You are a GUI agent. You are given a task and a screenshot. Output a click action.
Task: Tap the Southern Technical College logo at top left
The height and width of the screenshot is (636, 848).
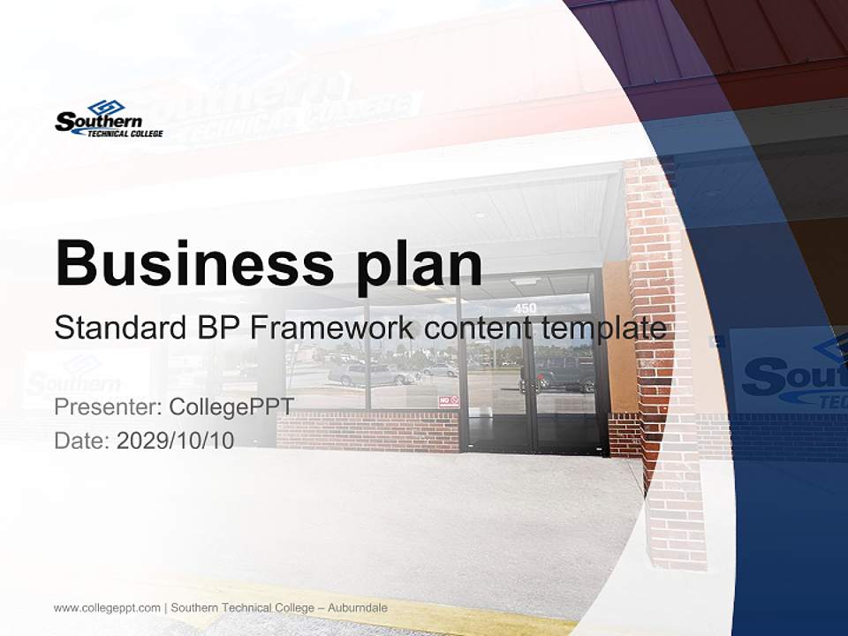pos(109,119)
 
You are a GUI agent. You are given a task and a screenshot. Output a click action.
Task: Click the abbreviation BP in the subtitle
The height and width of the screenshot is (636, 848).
pos(219,328)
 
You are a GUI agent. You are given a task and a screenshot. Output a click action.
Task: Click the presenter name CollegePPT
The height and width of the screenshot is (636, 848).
pos(231,407)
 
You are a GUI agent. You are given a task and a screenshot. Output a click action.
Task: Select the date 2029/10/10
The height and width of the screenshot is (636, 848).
pos(175,441)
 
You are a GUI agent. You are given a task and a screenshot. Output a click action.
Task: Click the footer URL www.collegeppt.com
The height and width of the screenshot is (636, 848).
pos(107,608)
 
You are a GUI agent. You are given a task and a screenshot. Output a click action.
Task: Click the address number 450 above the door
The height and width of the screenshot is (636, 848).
pos(525,308)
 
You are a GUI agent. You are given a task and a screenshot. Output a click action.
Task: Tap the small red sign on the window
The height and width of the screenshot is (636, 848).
pos(450,401)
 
